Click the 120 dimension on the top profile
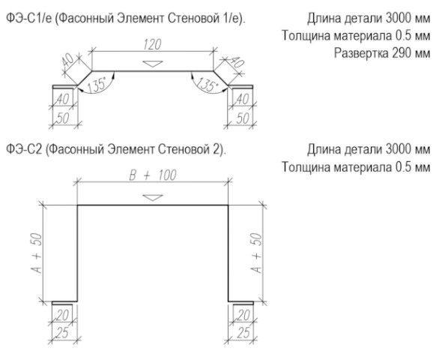pyautogui.click(x=152, y=44)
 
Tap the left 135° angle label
pyautogui.click(x=97, y=84)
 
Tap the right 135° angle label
pyautogui.click(x=208, y=84)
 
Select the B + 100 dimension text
pyautogui.click(x=153, y=175)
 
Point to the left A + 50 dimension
pyautogui.click(x=37, y=253)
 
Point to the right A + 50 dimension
pyautogui.click(x=256, y=253)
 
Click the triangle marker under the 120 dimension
pyautogui.click(x=153, y=64)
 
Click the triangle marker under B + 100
pyautogui.click(x=153, y=197)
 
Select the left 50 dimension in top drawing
pyautogui.click(x=63, y=118)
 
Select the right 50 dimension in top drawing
pyautogui.click(x=243, y=118)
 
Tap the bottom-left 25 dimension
pyautogui.click(x=62, y=333)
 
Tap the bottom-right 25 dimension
pyautogui.click(x=243, y=333)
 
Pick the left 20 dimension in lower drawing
pyautogui.click(x=63, y=315)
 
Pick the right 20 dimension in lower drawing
pyautogui.click(x=243, y=315)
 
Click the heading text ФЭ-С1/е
pyautogui.click(x=29, y=19)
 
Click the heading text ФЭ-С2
pyautogui.click(x=24, y=149)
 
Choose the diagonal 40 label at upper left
pyautogui.click(x=68, y=60)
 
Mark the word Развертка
pyautogui.click(x=361, y=53)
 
